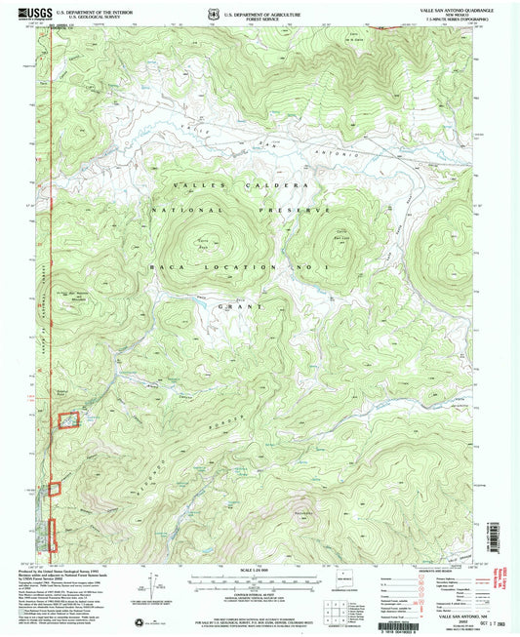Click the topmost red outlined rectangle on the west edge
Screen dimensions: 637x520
tap(68, 420)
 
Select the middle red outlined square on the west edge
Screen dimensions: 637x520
tap(55, 487)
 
